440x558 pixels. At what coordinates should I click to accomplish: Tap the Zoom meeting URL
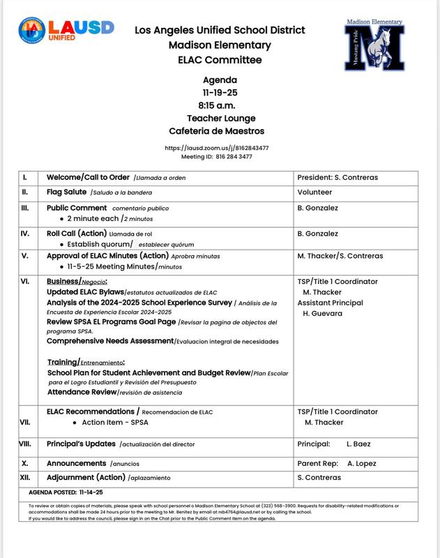tap(217, 148)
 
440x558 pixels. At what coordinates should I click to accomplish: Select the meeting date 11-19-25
tap(220, 92)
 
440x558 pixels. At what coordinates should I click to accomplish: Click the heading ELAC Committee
tap(220, 61)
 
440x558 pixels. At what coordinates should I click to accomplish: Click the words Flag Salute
tap(67, 192)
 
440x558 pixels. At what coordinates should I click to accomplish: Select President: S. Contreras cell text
tap(337, 177)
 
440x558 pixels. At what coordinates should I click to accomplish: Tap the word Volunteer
tap(315, 192)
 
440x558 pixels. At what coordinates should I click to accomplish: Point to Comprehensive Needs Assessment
tap(110, 341)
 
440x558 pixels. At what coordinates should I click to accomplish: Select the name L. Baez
tap(360, 444)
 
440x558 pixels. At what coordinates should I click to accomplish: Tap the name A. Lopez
tap(362, 463)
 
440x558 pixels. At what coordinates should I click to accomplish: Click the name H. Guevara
tap(322, 313)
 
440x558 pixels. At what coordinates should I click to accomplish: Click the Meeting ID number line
tap(217, 157)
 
